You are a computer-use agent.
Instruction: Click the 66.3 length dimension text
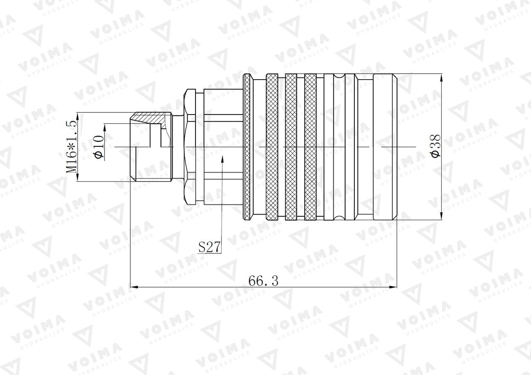(x=263, y=281)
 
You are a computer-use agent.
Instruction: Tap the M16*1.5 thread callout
(x=72, y=146)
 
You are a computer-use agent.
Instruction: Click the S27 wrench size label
(x=209, y=247)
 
